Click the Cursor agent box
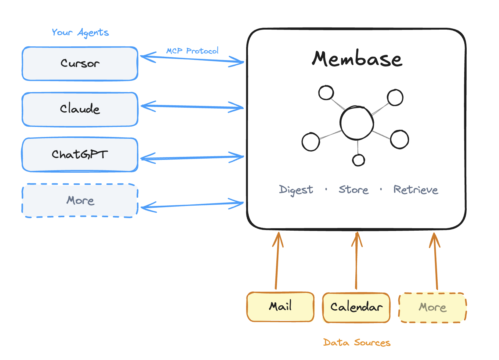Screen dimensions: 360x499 [x=80, y=63]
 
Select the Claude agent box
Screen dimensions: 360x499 [x=80, y=109]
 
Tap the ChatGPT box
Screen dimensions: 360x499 [x=80, y=155]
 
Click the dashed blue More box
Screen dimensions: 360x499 [x=80, y=201]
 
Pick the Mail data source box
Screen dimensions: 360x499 [x=280, y=307]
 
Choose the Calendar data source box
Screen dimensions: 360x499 [x=356, y=307]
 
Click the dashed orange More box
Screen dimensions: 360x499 [x=433, y=308]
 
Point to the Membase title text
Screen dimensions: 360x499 [x=357, y=59]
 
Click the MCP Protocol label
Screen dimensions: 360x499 [x=192, y=51]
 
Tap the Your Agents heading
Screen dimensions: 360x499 [x=80, y=32]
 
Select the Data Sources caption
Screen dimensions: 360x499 [x=357, y=343]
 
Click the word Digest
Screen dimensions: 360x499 [x=296, y=190]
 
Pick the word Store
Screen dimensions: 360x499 [x=354, y=190]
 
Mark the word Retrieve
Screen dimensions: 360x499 [x=415, y=190]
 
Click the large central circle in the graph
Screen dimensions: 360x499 [x=357, y=123]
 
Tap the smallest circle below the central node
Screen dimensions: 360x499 [x=358, y=160]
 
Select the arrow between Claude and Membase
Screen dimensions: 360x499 [x=192, y=107]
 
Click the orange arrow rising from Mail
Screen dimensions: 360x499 [x=277, y=262]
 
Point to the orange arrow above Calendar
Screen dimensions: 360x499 [x=356, y=262]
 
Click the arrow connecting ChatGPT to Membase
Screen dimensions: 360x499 [x=192, y=158]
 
